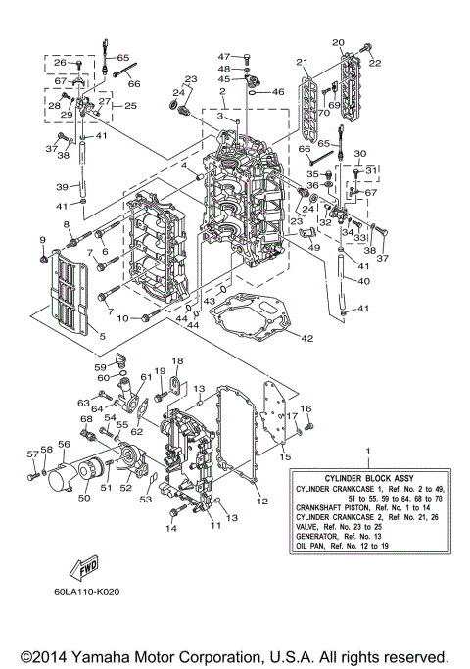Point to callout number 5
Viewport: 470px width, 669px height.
(x=102, y=336)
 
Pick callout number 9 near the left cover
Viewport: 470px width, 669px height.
(x=43, y=240)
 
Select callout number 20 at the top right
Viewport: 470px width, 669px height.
(x=339, y=43)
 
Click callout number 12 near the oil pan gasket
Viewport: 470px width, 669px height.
(x=261, y=502)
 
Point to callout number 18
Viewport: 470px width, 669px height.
(x=178, y=362)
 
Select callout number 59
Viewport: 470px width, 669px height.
(x=101, y=367)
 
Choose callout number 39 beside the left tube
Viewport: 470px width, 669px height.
(x=62, y=186)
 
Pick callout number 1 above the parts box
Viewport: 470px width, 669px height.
(x=368, y=452)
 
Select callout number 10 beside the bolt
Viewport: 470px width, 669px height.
(x=123, y=318)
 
